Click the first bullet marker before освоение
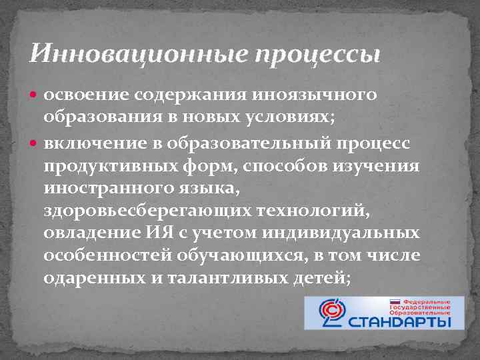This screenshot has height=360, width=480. [x=35, y=95]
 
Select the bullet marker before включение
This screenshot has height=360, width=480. [x=35, y=144]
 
